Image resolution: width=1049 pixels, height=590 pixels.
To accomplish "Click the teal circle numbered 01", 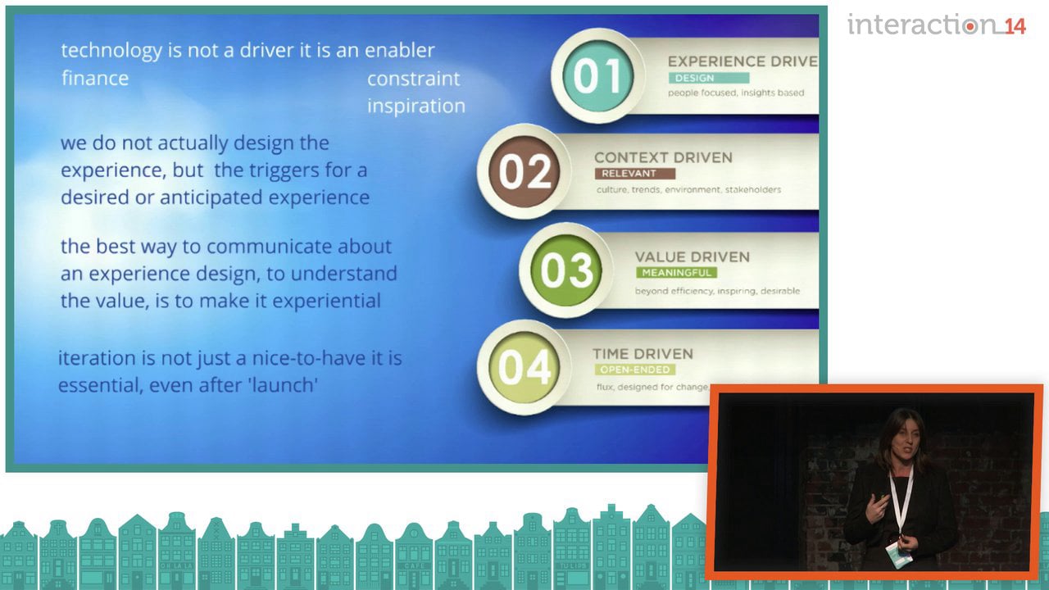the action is pos(597,76).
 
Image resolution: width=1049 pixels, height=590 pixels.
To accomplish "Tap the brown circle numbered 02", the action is pos(524,171).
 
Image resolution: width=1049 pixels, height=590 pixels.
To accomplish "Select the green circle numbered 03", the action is pos(566,270).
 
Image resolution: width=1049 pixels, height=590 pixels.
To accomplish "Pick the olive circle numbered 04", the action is pos(524,367).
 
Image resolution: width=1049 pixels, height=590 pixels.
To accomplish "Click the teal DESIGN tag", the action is pos(709,78).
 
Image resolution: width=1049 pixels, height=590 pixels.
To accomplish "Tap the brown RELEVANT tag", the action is pos(634,174).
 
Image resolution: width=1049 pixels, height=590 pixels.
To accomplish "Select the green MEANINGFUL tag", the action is pos(676,273).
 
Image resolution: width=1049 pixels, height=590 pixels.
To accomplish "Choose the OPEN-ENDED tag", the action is pos(634,370).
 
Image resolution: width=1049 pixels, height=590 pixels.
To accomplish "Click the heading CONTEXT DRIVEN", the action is pos(663,158).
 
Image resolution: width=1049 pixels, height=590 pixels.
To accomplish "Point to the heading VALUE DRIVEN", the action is pos(693,257).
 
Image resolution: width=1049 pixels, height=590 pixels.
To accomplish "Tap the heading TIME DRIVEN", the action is pos(643,354).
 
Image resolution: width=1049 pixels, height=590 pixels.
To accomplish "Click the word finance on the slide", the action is pos(95,78).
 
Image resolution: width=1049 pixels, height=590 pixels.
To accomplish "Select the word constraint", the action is pos(413,79).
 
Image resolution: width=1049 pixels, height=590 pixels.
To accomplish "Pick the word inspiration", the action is pos(416,107).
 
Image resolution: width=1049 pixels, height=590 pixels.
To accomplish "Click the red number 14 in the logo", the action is pos(1015,26).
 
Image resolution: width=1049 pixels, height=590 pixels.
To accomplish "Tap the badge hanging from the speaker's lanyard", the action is pos(899,555).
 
